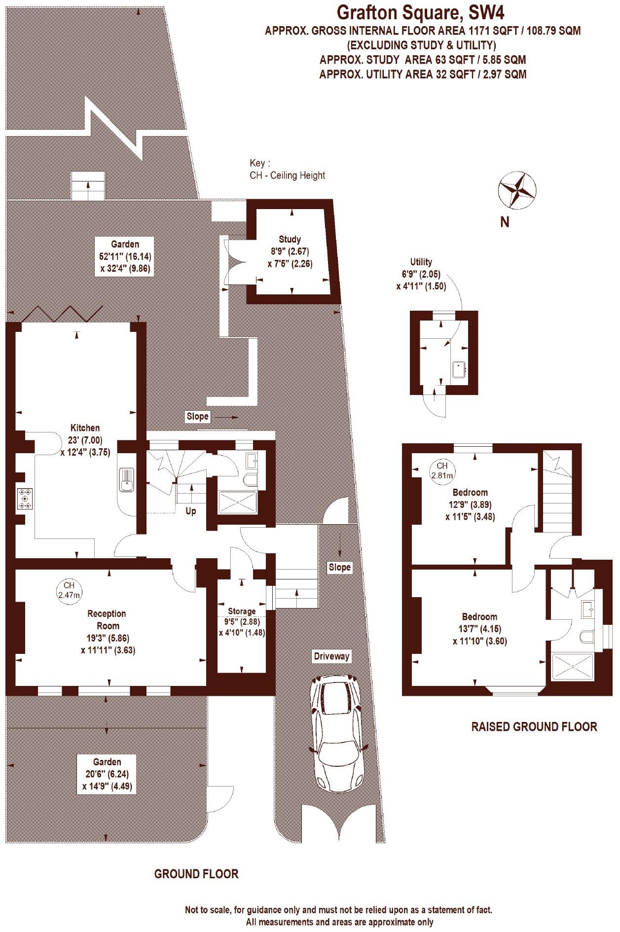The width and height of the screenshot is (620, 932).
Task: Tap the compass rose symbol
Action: click(517, 189)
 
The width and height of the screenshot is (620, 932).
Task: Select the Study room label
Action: click(290, 240)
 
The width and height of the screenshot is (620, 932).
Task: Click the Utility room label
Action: click(421, 262)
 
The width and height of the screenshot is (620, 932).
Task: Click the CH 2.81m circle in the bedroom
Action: click(442, 470)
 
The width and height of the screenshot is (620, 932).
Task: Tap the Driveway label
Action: click(331, 656)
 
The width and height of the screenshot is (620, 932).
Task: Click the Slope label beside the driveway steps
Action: click(339, 567)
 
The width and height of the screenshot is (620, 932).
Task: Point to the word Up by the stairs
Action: click(191, 511)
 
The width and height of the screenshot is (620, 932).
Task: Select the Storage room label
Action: click(242, 611)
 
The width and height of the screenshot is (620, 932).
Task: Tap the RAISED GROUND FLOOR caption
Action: click(534, 726)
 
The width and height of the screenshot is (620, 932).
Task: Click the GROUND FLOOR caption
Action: click(196, 874)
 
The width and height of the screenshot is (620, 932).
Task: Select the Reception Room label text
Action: click(107, 619)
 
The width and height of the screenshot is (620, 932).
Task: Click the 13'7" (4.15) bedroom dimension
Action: click(479, 629)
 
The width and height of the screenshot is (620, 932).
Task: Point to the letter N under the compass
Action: click(505, 222)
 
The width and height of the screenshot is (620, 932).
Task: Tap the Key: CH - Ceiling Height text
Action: click(287, 169)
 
